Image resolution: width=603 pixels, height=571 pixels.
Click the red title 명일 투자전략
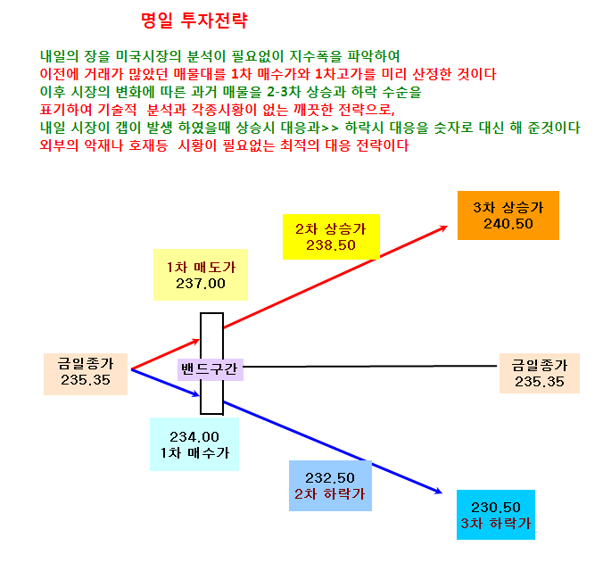tap(194, 21)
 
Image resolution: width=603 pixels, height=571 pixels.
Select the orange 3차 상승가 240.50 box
tap(508, 216)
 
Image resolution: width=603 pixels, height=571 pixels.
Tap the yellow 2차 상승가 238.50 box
tap(331, 236)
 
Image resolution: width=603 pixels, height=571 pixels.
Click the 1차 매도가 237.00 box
tap(201, 275)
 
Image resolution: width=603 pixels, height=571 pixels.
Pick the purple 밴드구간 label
tap(210, 369)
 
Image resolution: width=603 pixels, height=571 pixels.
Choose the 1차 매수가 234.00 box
tap(194, 444)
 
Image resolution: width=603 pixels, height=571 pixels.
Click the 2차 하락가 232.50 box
tap(330, 485)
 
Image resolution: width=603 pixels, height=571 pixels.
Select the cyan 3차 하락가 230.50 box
tap(496, 515)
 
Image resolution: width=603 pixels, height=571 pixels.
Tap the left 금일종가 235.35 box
tap(86, 374)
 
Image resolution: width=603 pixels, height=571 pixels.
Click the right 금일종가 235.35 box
tap(539, 373)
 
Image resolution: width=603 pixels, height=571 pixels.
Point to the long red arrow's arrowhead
tap(444, 228)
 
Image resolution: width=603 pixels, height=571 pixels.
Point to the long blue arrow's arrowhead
tap(439, 491)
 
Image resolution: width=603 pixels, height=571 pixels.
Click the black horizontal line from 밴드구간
tap(370, 367)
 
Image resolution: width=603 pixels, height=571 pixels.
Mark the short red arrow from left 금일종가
tap(165, 354)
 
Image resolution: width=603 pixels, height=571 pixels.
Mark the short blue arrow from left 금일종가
tap(165, 383)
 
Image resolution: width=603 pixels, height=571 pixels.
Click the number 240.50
tap(508, 224)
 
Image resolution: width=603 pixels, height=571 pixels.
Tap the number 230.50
tap(496, 508)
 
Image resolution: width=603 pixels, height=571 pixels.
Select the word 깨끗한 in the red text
tap(313, 110)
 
